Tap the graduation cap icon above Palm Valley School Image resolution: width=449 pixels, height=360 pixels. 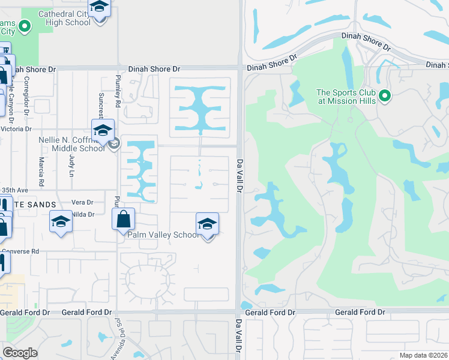pyautogui.click(x=207, y=224)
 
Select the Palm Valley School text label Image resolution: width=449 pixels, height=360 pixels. pyautogui.click(x=163, y=235)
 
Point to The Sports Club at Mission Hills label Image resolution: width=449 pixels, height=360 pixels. pyautogui.click(x=346, y=97)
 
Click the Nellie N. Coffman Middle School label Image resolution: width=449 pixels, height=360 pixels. pyautogui.click(x=71, y=144)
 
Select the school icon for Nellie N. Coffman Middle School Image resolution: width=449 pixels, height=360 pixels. pyautogui.click(x=103, y=130)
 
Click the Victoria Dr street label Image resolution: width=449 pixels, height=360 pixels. pyautogui.click(x=16, y=129)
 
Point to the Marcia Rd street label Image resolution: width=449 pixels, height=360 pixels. pyautogui.click(x=41, y=171)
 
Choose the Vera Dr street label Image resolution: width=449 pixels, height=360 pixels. pyautogui.click(x=82, y=203)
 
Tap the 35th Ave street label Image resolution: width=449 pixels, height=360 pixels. pyautogui.click(x=15, y=190)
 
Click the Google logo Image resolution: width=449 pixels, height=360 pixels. pyautogui.click(x=20, y=352)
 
